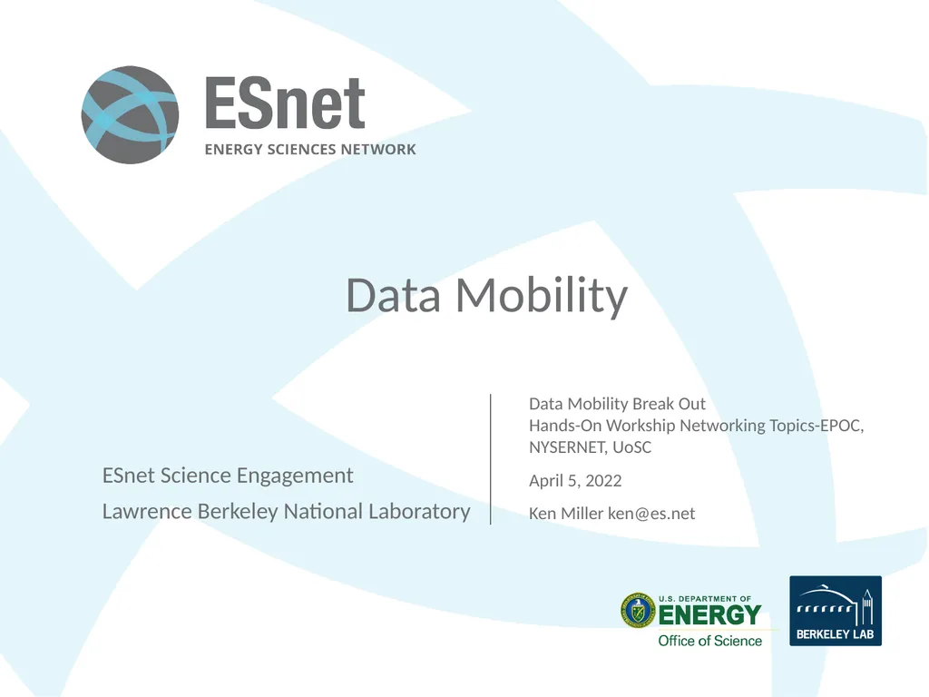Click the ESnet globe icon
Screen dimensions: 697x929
click(x=130, y=115)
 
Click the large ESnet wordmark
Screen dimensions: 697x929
click(x=285, y=103)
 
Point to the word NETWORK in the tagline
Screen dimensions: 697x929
click(x=378, y=150)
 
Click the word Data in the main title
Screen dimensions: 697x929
click(x=394, y=296)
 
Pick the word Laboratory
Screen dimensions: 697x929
click(x=419, y=512)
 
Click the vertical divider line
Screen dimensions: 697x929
click(x=490, y=458)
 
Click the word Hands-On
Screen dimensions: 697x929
click(x=565, y=426)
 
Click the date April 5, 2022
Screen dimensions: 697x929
click(x=575, y=480)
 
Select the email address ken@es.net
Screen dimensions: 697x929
click(x=651, y=514)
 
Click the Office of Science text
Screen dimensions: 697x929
click(x=709, y=641)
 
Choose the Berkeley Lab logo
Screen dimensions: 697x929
click(x=835, y=611)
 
